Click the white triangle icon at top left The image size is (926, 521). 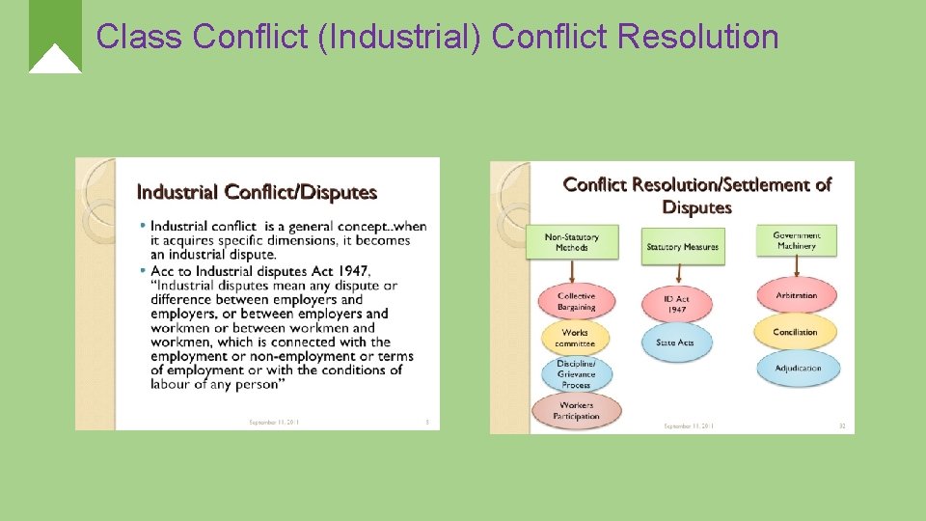[55, 60]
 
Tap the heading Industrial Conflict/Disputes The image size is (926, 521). [257, 192]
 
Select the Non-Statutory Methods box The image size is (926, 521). [572, 242]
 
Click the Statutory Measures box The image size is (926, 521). [682, 247]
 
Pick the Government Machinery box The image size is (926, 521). [797, 240]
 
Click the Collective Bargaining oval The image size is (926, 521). [576, 301]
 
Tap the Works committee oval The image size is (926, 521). [575, 338]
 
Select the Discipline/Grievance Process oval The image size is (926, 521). [576, 374]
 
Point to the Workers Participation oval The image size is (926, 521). [576, 411]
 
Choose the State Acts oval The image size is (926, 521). [675, 343]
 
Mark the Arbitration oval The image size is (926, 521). [796, 295]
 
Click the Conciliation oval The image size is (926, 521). [796, 332]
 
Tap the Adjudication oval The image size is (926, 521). [797, 368]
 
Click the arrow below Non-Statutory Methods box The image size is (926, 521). [572, 270]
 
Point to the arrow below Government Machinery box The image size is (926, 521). [797, 267]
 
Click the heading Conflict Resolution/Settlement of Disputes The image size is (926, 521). [696, 196]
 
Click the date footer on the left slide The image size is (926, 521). [274, 422]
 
